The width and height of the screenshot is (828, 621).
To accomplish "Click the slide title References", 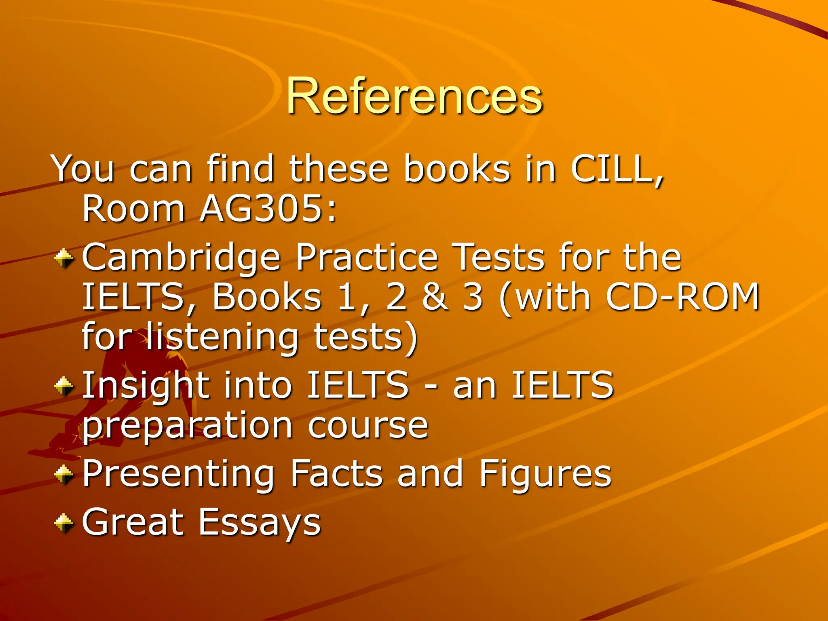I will (414, 96).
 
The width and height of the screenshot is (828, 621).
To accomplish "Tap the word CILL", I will (617, 169).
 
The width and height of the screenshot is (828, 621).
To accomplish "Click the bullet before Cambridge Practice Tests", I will (64, 258).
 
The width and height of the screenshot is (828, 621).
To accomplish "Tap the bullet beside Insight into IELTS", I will (64, 386).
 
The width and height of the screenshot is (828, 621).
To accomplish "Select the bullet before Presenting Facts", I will (64, 474).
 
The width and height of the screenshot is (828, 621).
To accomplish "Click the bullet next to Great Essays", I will (64, 522).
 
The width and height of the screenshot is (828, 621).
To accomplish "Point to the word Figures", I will (545, 474).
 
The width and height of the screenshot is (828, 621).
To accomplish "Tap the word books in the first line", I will (457, 169).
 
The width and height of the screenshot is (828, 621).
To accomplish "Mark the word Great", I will (133, 522).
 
